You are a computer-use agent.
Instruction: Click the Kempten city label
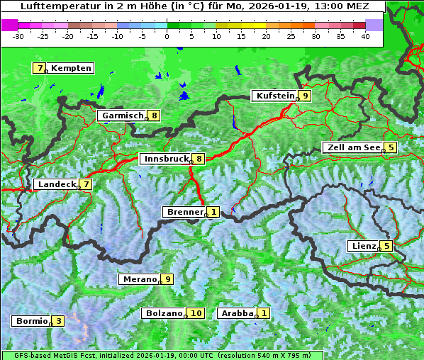[x=72, y=68]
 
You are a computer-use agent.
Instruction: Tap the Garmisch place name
[x=123, y=116]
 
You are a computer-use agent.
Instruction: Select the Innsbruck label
[x=165, y=159]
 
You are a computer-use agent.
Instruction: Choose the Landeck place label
[x=57, y=184]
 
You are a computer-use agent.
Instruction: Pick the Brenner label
[x=184, y=212]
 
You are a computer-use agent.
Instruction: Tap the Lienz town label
[x=363, y=246]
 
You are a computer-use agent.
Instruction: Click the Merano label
[x=139, y=279]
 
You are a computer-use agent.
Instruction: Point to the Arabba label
[x=237, y=313]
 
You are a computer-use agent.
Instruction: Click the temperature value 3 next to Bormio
[x=58, y=321]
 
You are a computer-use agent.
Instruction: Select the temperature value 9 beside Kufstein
[x=305, y=96]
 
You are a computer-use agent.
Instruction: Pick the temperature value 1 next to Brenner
[x=213, y=212]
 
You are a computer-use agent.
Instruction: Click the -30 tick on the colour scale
[x=19, y=36]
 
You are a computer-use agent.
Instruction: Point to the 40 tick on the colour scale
[x=365, y=36]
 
